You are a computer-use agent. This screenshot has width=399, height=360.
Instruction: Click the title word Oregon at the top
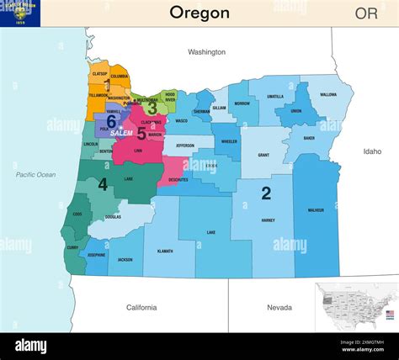[199, 13]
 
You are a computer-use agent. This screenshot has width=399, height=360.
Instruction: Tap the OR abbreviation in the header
[366, 13]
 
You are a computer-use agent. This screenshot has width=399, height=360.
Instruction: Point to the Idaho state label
[372, 151]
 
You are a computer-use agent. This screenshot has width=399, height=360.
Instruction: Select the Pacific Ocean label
[35, 174]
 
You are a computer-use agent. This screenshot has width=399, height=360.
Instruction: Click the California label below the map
[147, 308]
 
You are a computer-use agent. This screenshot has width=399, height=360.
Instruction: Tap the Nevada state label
[279, 308]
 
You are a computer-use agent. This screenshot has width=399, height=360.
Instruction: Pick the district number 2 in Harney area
[266, 193]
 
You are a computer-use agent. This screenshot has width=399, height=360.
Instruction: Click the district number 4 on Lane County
[102, 184]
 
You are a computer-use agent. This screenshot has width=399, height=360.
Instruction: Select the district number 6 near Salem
[111, 123]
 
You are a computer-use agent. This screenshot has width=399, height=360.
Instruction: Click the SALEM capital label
[122, 133]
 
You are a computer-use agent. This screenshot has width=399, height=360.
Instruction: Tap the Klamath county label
[165, 251]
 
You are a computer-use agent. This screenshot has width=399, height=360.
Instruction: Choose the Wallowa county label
[327, 95]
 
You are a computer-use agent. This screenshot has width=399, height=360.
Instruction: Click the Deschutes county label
[178, 180]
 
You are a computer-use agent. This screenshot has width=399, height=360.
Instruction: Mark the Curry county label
[72, 247]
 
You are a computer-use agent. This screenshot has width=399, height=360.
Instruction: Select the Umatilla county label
[275, 97]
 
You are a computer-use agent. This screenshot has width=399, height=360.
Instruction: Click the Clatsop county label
[99, 74]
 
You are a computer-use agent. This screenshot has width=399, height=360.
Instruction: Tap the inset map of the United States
[355, 306]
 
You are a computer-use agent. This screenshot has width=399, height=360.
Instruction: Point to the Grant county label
[263, 156]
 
